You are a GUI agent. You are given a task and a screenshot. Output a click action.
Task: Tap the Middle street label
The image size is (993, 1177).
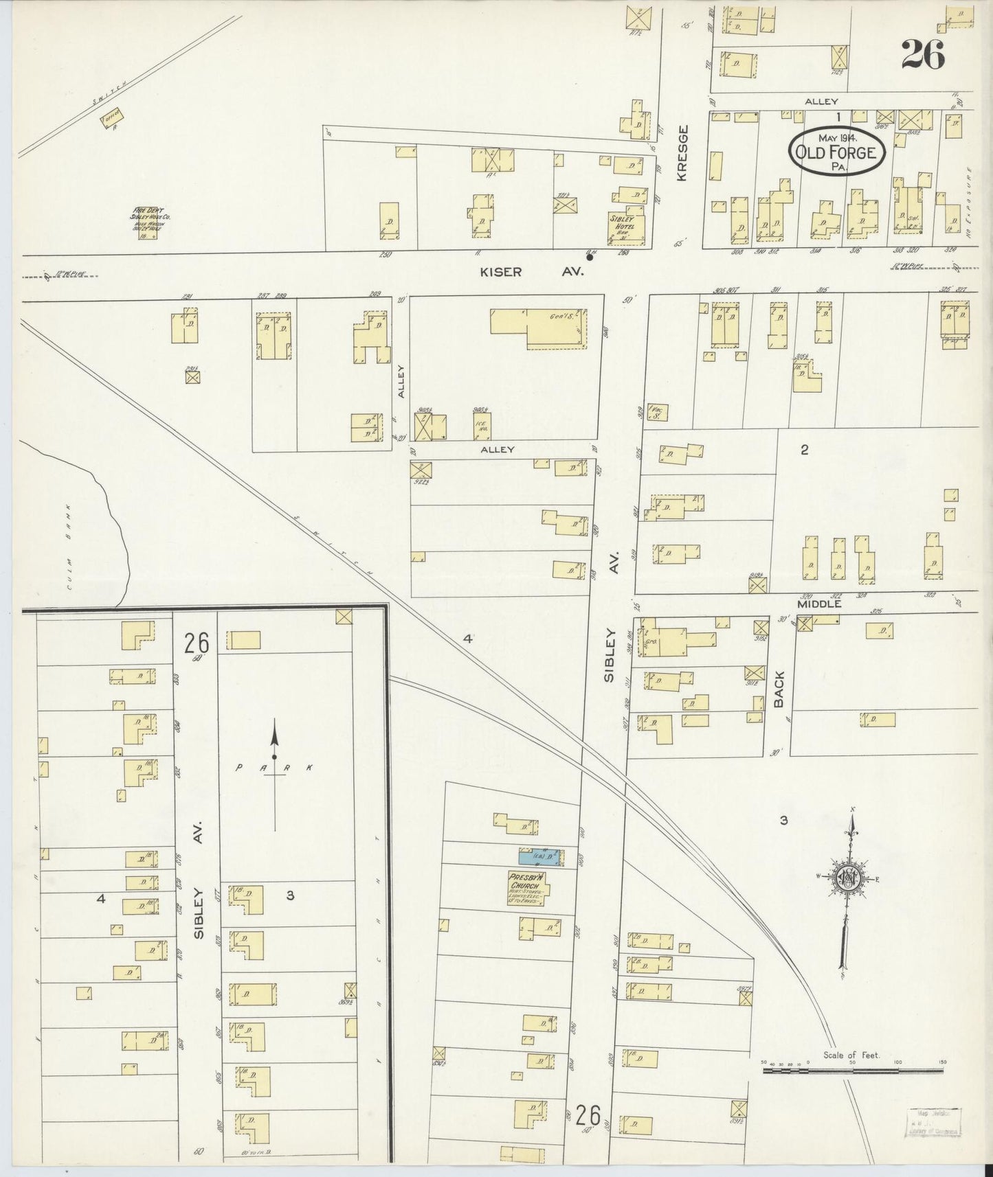[819, 605]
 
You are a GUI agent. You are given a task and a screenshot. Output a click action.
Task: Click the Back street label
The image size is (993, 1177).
[779, 689]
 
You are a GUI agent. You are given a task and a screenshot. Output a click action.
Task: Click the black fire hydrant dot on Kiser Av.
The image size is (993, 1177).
[590, 258]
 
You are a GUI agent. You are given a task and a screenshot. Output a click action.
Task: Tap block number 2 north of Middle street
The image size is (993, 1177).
[804, 450]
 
